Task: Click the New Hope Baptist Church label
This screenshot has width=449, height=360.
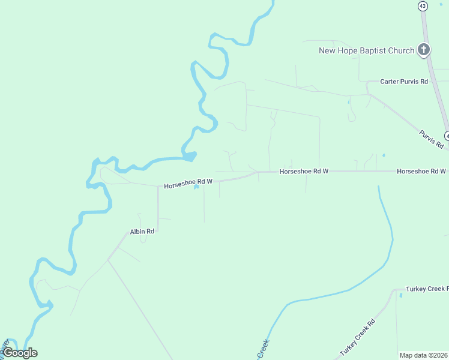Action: point(366,50)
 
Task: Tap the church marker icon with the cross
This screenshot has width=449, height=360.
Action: point(424,50)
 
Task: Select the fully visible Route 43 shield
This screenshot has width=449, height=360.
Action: point(423,6)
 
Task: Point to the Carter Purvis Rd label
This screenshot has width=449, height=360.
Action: point(404,81)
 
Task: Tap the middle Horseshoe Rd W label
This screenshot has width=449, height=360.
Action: point(304,171)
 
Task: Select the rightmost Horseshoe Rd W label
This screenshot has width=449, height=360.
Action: point(421,171)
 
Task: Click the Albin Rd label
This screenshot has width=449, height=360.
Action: point(142,231)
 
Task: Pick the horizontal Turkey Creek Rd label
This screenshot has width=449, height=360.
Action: point(427,289)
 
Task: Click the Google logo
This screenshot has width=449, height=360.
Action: point(20,353)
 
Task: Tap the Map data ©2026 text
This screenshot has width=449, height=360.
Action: point(423,355)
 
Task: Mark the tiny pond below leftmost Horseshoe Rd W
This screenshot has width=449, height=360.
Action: point(196,187)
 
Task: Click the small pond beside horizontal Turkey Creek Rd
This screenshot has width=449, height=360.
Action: point(400,295)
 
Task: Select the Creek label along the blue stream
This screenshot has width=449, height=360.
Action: point(262,349)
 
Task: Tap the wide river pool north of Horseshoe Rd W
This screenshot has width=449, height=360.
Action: point(189,157)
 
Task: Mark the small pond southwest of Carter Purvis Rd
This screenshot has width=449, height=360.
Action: point(348,101)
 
